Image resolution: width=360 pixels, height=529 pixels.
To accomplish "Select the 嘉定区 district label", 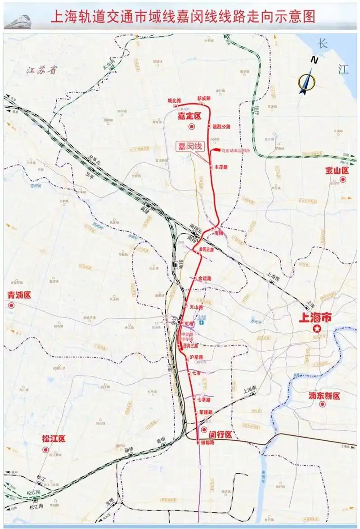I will tap(189, 116).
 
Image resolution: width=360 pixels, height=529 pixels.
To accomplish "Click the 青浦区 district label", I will tap(19, 295).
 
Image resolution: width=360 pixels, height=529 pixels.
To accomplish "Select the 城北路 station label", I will tap(174, 100).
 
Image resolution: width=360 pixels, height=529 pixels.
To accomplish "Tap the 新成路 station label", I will tap(204, 99).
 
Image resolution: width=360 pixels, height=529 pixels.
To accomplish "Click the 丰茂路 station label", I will tap(220, 167).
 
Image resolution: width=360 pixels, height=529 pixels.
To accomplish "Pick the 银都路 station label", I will tap(207, 443).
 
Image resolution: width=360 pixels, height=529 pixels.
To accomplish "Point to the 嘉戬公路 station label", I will tap(221, 127).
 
